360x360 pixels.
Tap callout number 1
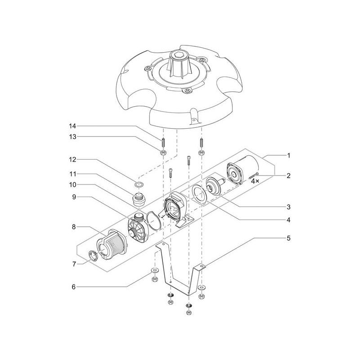(288, 155)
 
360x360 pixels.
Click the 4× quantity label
(255, 180)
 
